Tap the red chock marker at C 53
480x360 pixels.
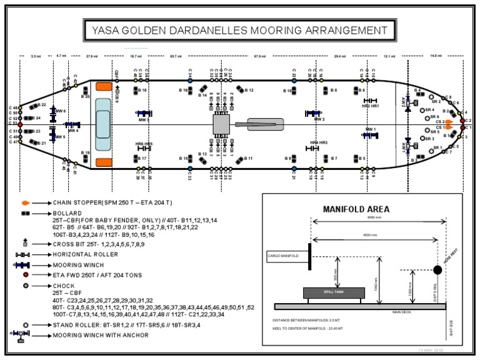(20, 124)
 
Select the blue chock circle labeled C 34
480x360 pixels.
(189, 81)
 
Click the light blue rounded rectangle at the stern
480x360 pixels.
(102, 124)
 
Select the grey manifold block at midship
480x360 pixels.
(222, 124)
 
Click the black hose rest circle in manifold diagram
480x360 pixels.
(437, 271)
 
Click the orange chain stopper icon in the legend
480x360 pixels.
(25, 203)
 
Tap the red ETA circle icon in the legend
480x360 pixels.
(25, 274)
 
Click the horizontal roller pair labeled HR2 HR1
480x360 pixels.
(371, 101)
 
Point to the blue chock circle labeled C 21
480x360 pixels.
(294, 168)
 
